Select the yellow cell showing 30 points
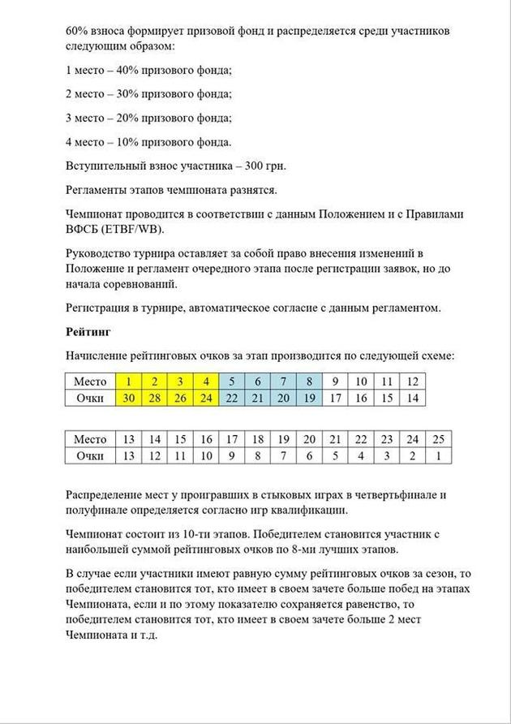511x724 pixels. coord(128,398)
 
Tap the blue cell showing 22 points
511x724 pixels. coord(232,398)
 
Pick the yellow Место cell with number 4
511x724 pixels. coord(206,381)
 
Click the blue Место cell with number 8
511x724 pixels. coord(309,381)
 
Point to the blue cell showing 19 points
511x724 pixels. coord(309,398)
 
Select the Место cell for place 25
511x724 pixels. coord(439,439)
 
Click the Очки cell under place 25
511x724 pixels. coord(439,455)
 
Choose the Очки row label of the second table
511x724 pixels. coord(89,455)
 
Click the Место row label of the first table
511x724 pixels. coord(89,381)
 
